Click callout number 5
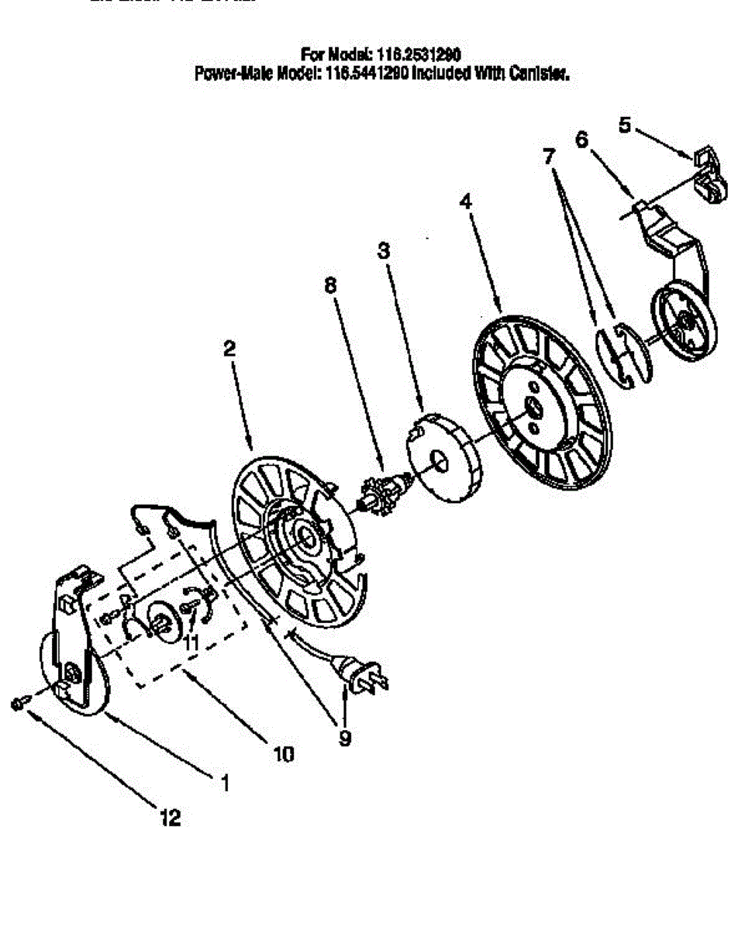click(x=624, y=125)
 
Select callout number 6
click(x=581, y=139)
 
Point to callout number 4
click(x=465, y=201)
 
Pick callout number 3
click(x=384, y=251)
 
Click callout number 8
click(x=331, y=285)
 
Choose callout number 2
click(x=229, y=349)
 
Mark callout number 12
click(x=171, y=818)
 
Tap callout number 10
click(x=284, y=753)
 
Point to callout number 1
click(x=225, y=784)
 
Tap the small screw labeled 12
click(x=20, y=703)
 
